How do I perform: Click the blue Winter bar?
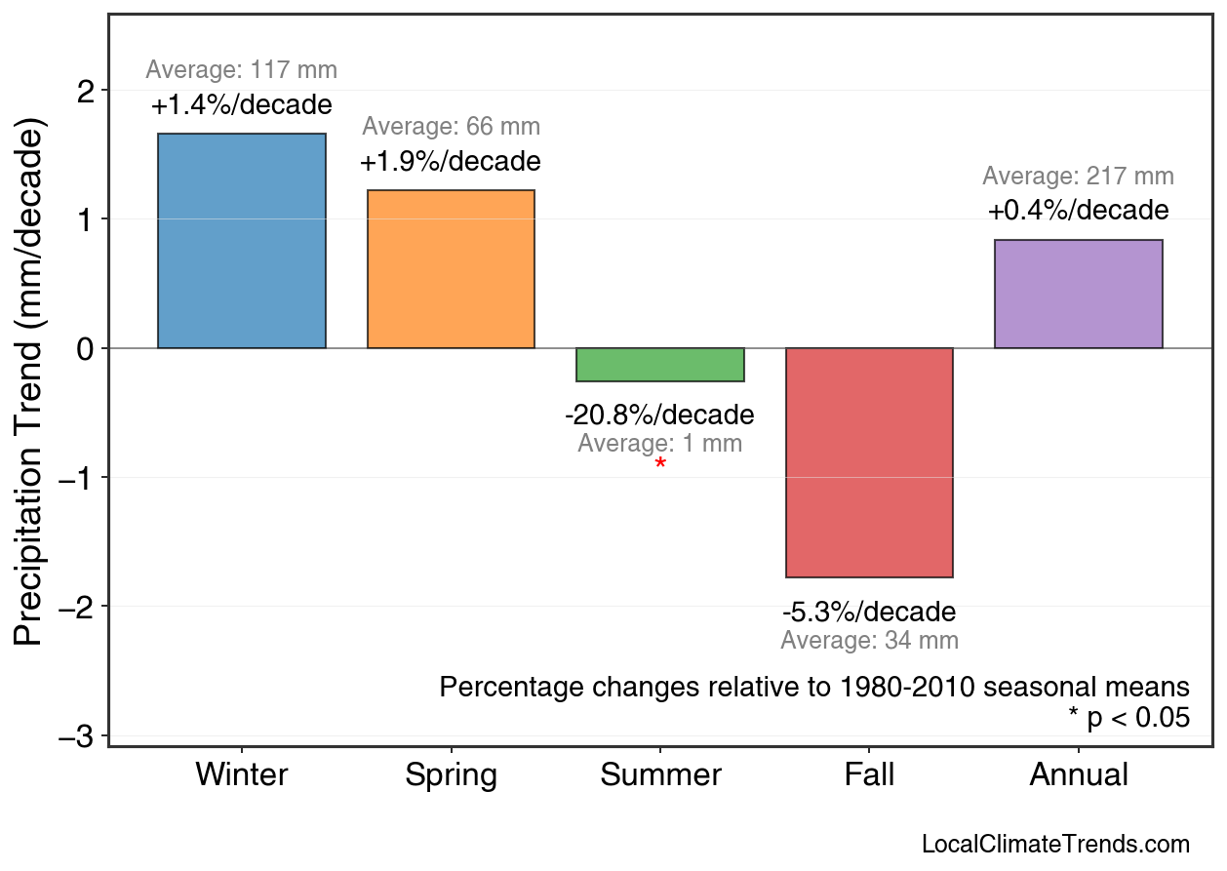pos(242,240)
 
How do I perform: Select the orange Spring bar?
pos(451,268)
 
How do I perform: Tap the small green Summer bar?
pos(660,365)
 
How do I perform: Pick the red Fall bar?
pos(869,462)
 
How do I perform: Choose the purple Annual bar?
pos(1078,294)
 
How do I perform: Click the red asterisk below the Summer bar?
pos(660,465)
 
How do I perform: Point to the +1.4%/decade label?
pos(242,105)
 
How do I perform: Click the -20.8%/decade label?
pos(659,416)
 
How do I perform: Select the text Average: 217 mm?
pos(1078,177)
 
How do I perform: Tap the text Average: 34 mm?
pos(869,641)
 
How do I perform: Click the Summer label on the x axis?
pos(660,775)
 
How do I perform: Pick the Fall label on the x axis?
pos(869,775)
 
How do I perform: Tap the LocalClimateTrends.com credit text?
pos(1055,845)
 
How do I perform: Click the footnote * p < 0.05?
pos(1128,718)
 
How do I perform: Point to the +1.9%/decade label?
pos(451,162)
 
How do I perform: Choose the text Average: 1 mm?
pos(659,444)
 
